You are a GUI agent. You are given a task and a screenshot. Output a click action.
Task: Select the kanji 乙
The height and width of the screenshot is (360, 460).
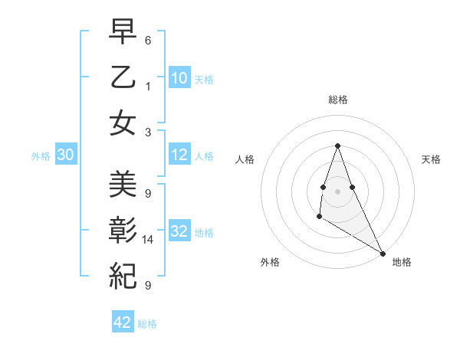point(123,77)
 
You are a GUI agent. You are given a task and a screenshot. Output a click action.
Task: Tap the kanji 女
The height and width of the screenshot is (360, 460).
point(123,123)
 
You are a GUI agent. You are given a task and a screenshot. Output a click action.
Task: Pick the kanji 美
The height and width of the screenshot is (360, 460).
point(123,184)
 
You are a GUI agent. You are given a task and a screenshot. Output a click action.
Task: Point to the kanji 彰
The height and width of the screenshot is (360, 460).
point(123,230)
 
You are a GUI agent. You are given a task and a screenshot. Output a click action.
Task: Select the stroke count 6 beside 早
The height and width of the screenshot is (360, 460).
point(148,40)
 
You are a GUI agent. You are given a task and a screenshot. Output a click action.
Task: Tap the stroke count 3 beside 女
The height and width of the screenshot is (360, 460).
point(148,132)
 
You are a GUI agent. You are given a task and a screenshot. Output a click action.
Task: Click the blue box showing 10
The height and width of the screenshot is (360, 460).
point(179,77)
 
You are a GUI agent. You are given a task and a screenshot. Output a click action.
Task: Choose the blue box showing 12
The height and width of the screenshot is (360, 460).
point(179,155)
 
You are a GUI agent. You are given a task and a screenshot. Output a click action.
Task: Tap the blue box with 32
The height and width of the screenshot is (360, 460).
point(179,232)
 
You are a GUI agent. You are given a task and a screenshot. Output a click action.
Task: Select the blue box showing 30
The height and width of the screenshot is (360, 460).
point(65,155)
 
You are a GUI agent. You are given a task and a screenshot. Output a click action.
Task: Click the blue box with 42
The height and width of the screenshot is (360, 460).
point(123,322)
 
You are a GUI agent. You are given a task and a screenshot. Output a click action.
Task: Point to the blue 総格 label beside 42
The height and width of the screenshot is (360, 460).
point(147,324)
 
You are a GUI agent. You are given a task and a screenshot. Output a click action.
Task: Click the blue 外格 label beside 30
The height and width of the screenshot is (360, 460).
point(41,156)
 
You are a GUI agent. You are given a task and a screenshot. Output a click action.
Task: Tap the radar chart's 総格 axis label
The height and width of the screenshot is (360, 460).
point(337,100)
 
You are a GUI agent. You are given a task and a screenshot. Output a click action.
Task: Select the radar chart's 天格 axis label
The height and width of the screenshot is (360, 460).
point(432,159)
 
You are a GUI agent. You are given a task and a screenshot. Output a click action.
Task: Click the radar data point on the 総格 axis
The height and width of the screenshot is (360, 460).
point(337,146)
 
